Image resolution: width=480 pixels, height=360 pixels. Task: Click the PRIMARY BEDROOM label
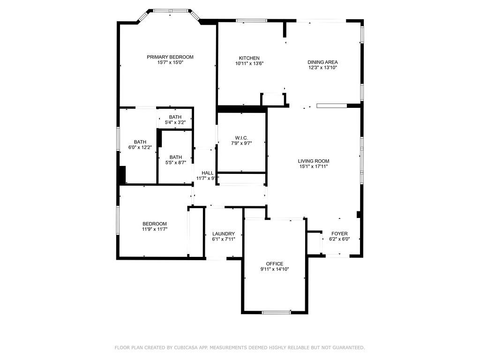click(170, 57)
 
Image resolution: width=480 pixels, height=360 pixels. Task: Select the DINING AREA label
click(322, 62)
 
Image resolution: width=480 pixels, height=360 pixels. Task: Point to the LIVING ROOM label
click(314, 161)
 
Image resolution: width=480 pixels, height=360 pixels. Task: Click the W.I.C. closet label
click(241, 138)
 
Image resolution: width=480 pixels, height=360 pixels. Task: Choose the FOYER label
click(339, 233)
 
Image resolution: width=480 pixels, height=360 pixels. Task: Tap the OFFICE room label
click(275, 263)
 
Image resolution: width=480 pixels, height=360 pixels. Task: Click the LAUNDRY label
click(223, 233)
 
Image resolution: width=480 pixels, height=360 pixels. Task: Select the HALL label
click(208, 173)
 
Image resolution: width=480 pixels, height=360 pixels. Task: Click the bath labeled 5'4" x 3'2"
click(175, 120)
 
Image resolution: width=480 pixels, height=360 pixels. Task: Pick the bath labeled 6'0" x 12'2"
click(140, 145)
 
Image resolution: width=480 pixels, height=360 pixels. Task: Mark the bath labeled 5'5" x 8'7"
click(176, 160)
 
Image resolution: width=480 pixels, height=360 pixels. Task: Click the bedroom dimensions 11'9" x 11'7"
click(155, 229)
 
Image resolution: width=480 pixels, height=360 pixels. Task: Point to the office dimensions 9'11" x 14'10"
click(275, 269)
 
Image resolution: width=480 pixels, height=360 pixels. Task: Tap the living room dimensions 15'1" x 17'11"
click(314, 166)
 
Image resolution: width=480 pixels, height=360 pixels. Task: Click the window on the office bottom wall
click(276, 312)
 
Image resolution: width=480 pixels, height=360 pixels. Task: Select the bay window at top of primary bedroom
click(170, 10)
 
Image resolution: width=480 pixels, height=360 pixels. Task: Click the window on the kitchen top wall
click(251, 20)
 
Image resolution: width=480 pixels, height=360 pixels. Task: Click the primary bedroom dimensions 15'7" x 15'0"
click(170, 63)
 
